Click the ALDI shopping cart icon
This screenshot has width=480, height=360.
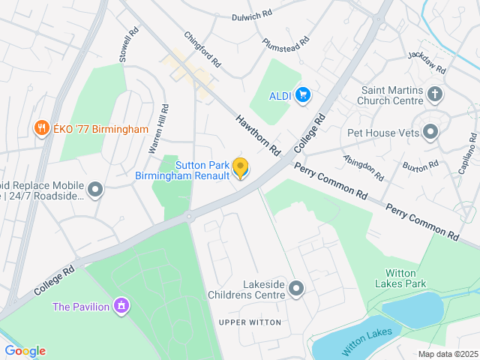coord(303,94)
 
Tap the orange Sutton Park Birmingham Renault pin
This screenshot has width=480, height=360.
coord(240,168)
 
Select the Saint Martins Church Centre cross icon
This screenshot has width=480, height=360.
coord(435,94)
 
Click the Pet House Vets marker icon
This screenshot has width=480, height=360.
coord(430,133)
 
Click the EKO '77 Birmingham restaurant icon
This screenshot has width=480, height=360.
coord(42,129)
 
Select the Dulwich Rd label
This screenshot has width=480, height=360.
coord(251,16)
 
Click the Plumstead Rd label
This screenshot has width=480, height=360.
coord(286,42)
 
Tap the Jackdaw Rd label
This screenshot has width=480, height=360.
coord(427,62)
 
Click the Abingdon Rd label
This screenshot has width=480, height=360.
coord(362,167)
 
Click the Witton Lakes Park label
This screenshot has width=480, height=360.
coord(405,278)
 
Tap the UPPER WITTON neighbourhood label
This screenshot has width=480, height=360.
coord(250,322)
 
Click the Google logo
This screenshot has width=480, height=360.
coord(25,351)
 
